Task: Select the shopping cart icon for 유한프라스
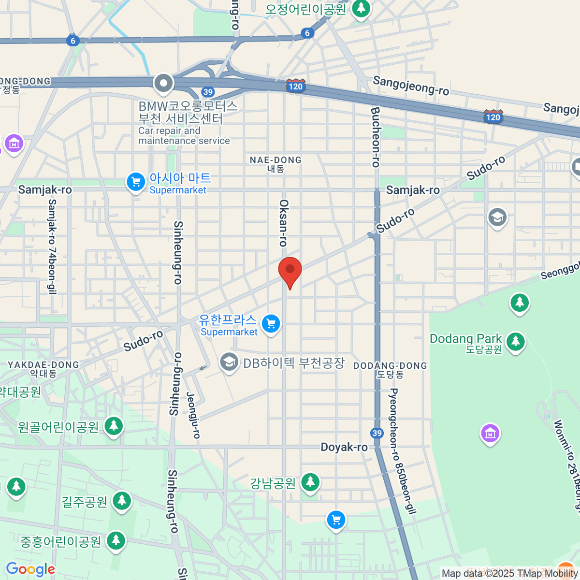tap(271, 323)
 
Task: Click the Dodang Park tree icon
tap(516, 341)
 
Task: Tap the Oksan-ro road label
tap(284, 223)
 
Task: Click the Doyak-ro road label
tap(344, 447)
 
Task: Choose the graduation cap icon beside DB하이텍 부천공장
tap(229, 362)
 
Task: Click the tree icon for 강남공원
tap(310, 482)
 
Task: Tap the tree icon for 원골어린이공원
tap(114, 426)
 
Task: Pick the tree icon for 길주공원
tap(122, 501)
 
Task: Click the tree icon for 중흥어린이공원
tap(116, 540)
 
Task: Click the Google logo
tap(30, 569)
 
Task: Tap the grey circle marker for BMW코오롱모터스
tap(163, 83)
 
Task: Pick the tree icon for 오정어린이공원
tap(361, 8)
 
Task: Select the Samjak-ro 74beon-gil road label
tap(52, 246)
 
